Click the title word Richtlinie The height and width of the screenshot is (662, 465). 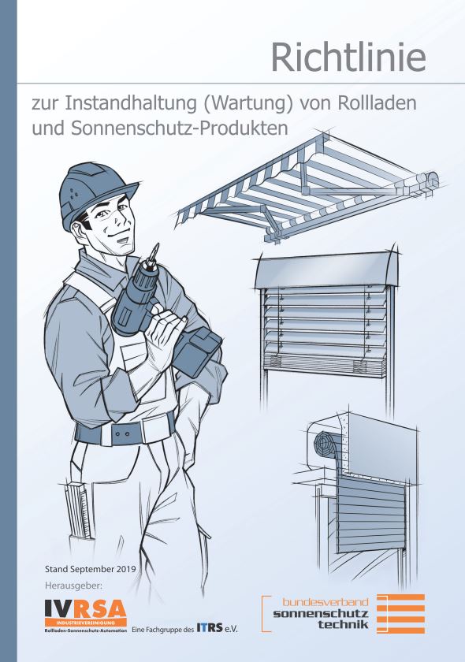click(x=348, y=57)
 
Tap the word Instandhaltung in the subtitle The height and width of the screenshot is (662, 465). click(x=131, y=104)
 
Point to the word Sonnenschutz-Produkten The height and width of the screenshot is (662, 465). click(x=180, y=128)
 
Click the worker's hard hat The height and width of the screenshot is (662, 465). click(x=96, y=193)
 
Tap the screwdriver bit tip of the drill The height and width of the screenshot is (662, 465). click(x=157, y=247)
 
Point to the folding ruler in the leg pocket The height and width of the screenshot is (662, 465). click(x=78, y=510)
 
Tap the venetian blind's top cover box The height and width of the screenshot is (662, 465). click(x=326, y=270)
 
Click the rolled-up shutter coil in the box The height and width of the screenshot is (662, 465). click(x=325, y=443)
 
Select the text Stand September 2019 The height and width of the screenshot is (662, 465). click(x=91, y=569)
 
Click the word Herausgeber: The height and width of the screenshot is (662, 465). click(x=74, y=586)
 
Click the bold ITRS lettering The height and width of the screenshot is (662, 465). click(x=210, y=628)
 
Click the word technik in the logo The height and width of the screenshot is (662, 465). click(x=344, y=624)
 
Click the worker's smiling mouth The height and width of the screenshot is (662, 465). click(x=123, y=239)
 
